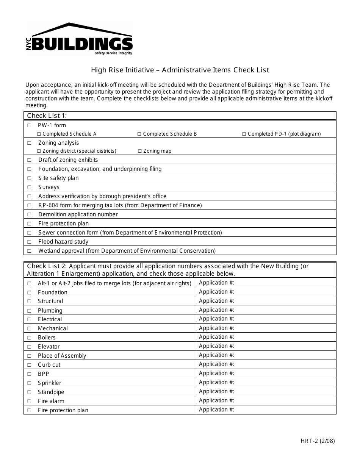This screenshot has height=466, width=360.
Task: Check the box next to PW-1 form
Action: click(30, 125)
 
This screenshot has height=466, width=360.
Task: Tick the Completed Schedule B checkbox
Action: click(139, 134)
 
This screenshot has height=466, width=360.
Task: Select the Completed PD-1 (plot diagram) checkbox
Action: click(244, 134)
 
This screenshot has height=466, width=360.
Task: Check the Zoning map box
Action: click(139, 151)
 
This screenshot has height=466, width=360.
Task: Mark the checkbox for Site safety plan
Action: click(30, 178)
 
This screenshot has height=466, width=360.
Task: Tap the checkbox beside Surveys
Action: click(30, 187)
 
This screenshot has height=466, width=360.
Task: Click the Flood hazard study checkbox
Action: click(30, 242)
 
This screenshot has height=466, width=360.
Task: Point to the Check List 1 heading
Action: click(47, 116)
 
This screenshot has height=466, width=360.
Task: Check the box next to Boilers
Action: click(30, 338)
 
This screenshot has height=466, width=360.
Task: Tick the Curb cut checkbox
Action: click(30, 365)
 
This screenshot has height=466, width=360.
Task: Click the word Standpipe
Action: click(51, 392)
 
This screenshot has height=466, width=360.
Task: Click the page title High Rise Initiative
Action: click(122, 70)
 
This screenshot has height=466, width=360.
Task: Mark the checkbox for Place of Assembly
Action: click(30, 356)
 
